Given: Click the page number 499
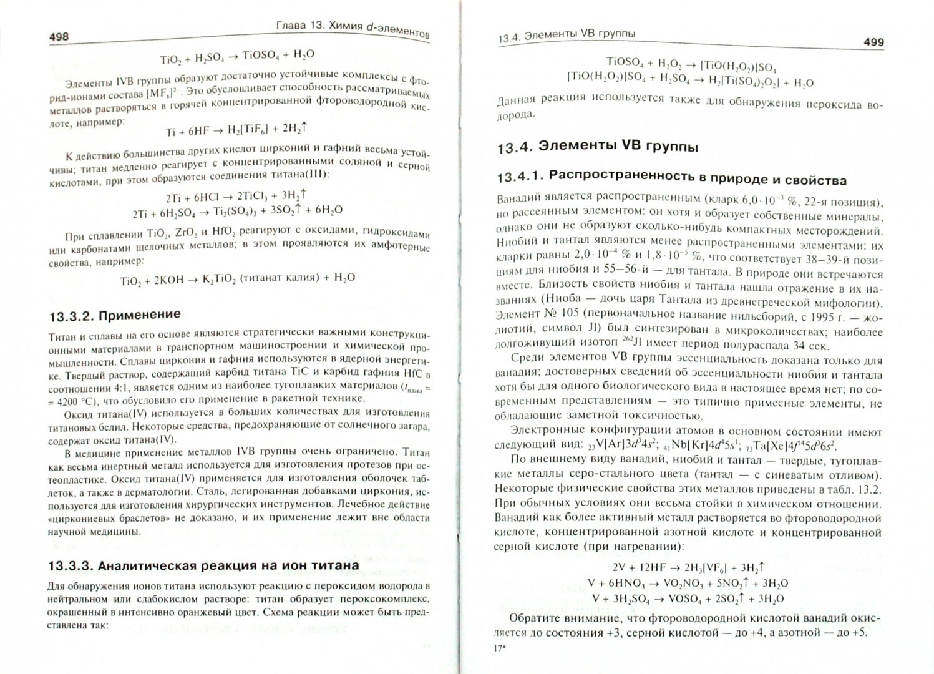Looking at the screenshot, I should click(x=873, y=42).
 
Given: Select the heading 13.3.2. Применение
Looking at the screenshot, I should click(x=114, y=314).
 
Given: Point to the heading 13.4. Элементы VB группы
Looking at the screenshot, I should click(x=597, y=148).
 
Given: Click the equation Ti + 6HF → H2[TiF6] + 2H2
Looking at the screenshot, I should click(x=238, y=129).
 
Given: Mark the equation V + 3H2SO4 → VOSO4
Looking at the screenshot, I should click(x=688, y=598).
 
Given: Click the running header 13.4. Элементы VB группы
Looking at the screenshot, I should click(x=566, y=36).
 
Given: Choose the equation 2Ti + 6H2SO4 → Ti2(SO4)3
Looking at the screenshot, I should click(x=238, y=212).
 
